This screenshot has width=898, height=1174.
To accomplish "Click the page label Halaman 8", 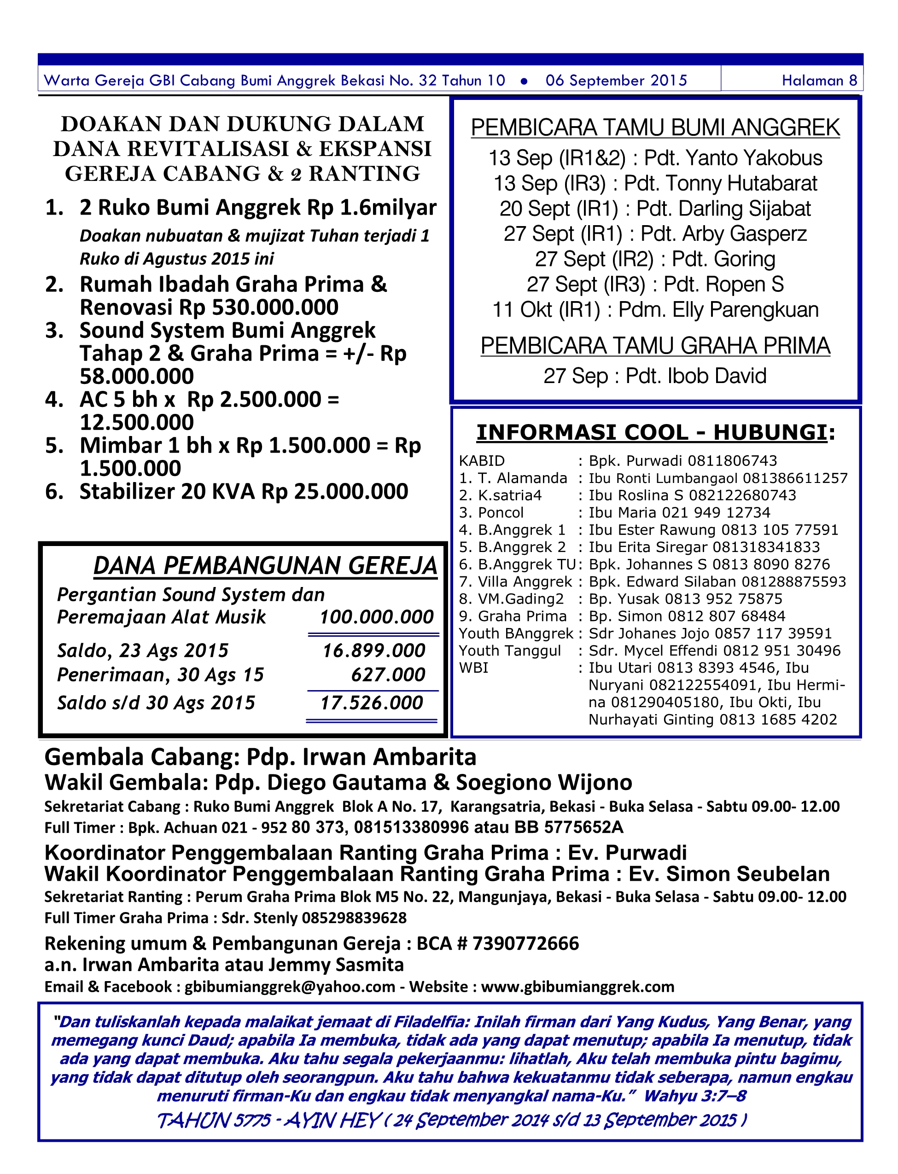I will pos(819,81).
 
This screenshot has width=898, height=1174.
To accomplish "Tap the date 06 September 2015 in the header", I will pos(616,81).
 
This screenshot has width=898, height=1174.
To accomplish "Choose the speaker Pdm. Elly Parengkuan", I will pos(718,310).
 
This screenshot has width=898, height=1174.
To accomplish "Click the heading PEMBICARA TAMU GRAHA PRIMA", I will pos(655,346).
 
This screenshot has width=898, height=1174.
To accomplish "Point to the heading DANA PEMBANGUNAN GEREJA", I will pos(265,566).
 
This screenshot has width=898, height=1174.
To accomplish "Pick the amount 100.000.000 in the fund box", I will pos(376,617).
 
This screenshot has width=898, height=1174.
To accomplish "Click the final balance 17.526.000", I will pos(372,703).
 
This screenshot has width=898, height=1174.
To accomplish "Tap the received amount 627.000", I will pos(388,675).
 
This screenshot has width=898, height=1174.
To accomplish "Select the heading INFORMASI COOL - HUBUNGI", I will pos(655,433).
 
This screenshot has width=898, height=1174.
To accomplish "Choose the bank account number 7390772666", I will pos(525,944).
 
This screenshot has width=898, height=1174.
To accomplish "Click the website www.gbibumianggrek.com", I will pos(577,987).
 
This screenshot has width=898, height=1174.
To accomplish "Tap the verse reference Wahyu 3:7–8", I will pos(694,1096).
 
